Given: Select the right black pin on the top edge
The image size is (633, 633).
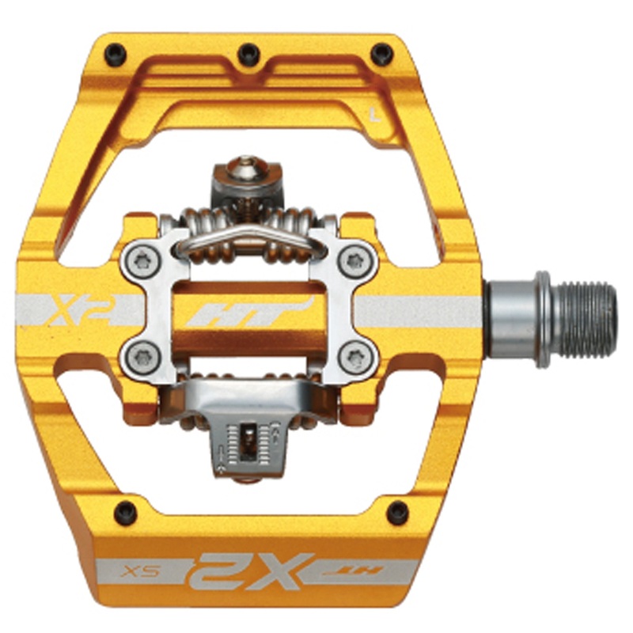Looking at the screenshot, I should pos(383,53).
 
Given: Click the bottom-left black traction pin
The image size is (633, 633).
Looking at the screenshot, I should pos(126,513).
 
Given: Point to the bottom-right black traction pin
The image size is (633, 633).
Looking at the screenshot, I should pos(396,513).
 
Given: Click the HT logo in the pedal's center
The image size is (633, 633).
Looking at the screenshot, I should pos(248,311).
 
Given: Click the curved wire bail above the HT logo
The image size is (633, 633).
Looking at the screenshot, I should pos(247,237).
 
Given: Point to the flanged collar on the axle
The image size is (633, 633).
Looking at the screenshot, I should pos(541,318).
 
